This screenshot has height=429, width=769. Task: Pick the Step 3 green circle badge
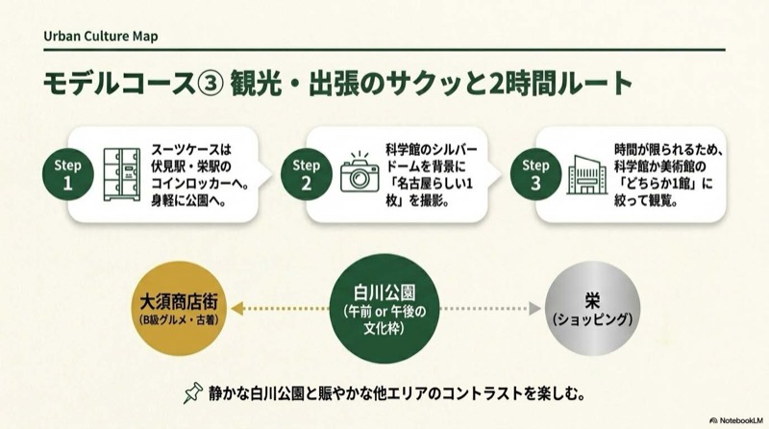[535, 174]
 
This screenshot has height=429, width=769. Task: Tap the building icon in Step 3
[585, 175]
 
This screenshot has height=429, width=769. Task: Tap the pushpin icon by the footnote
[194, 392]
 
